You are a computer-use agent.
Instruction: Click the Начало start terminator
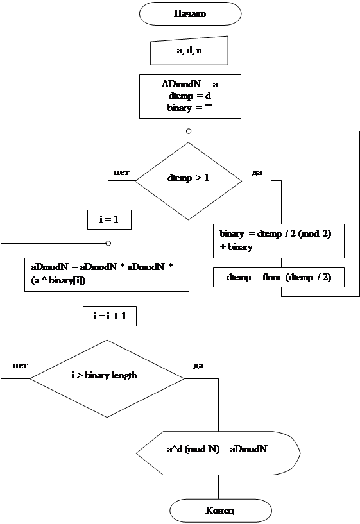pyautogui.click(x=190, y=13)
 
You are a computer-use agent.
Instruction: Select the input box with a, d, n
pyautogui.click(x=189, y=51)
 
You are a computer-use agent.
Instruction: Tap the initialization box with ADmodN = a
pyautogui.click(x=190, y=96)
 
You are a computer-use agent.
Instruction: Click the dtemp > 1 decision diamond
pyautogui.click(x=188, y=181)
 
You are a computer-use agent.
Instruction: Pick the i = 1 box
pyautogui.click(x=109, y=219)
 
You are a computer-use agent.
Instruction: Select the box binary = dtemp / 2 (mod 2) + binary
pyautogui.click(x=279, y=241)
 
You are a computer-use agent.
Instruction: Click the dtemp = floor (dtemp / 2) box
pyautogui.click(x=279, y=277)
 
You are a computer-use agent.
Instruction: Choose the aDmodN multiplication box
pyautogui.click(x=107, y=275)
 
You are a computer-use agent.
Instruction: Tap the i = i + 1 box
pyautogui.click(x=110, y=316)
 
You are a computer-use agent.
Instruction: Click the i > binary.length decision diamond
pyautogui.click(x=107, y=378)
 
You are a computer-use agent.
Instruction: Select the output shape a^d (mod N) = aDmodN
pyautogui.click(x=218, y=453)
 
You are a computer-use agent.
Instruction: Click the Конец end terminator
pyautogui.click(x=221, y=511)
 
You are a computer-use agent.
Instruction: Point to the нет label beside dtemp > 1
pyautogui.click(x=121, y=173)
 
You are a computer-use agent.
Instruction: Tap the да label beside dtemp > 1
pyautogui.click(x=257, y=173)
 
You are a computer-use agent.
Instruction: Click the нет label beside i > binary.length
pyautogui.click(x=20, y=366)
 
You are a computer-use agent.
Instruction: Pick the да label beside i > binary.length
pyautogui.click(x=198, y=366)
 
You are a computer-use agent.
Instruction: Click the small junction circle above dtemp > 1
pyautogui.click(x=189, y=131)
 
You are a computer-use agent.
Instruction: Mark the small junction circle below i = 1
pyautogui.click(x=108, y=243)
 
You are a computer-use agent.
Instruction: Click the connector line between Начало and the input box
pyautogui.click(x=189, y=31)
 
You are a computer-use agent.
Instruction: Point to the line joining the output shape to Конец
pyautogui.click(x=219, y=487)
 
